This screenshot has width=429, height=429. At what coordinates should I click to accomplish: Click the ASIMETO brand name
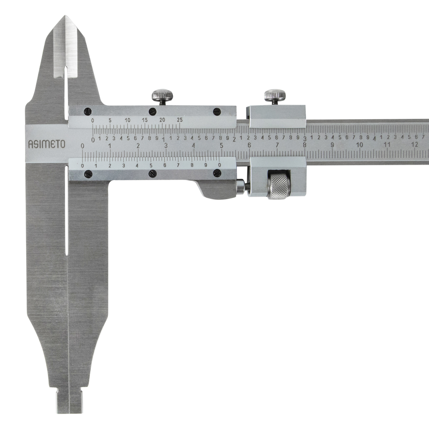coord(47,145)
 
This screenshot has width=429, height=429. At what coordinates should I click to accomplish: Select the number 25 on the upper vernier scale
coord(180,120)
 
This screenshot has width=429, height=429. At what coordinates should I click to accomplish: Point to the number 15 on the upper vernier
coord(145,120)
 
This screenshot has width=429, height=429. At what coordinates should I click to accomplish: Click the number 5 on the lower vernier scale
coord(151,165)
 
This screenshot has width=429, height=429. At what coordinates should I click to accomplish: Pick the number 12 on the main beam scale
coord(415,144)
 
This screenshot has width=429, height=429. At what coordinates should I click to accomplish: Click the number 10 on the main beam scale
coord(360,145)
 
